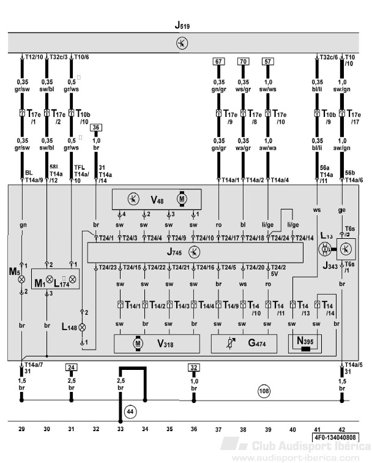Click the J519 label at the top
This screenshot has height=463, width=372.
(x=181, y=26)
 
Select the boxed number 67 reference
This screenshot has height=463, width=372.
(x=218, y=61)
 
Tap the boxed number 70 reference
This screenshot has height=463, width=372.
(x=243, y=61)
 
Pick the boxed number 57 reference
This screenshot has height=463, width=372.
(x=267, y=61)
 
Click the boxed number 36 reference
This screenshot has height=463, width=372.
(x=96, y=127)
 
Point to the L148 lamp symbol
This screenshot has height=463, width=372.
(x=83, y=328)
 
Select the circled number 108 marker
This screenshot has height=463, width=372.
(x=263, y=390)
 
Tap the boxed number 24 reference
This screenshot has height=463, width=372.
(x=72, y=367)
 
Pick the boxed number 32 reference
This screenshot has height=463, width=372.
(x=194, y=367)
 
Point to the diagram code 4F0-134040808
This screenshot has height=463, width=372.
(x=336, y=437)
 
